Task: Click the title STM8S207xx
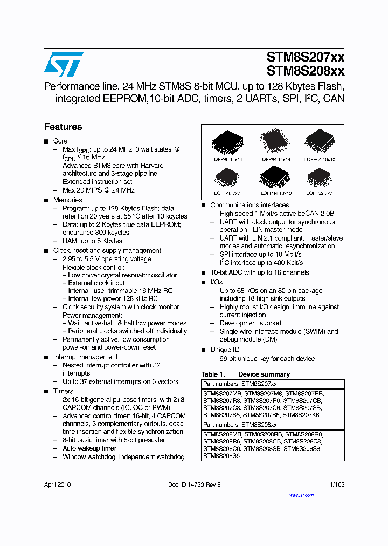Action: (x=305, y=57)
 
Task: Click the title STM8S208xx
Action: (x=305, y=71)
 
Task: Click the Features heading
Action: (x=63, y=127)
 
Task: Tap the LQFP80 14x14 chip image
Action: (x=227, y=142)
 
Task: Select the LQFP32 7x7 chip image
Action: (x=320, y=177)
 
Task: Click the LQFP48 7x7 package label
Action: (x=227, y=193)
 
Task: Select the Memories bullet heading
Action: (x=67, y=200)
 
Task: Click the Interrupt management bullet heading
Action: (x=85, y=357)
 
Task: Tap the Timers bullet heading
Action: (x=63, y=391)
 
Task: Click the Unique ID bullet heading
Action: (x=225, y=350)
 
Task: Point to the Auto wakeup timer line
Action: (x=89, y=448)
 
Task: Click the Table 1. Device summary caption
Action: (x=245, y=374)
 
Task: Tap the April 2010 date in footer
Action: (x=57, y=484)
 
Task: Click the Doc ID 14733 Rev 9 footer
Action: (x=194, y=484)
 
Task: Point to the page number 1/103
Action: (x=337, y=484)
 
